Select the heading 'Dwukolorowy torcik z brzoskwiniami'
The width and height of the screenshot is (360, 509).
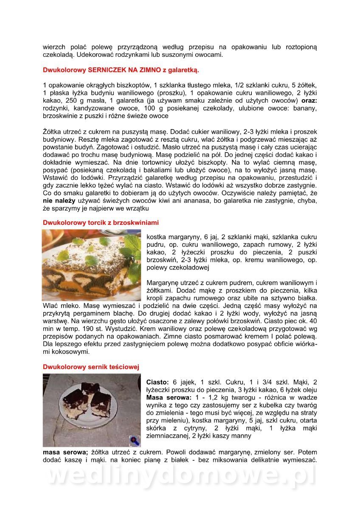[101, 222]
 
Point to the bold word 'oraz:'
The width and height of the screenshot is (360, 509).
[309, 101]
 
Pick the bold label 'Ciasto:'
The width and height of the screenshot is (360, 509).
[157, 382]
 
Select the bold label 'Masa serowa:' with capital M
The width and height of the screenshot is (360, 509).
[167, 397]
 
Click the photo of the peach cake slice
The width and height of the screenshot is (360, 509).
[92, 265]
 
